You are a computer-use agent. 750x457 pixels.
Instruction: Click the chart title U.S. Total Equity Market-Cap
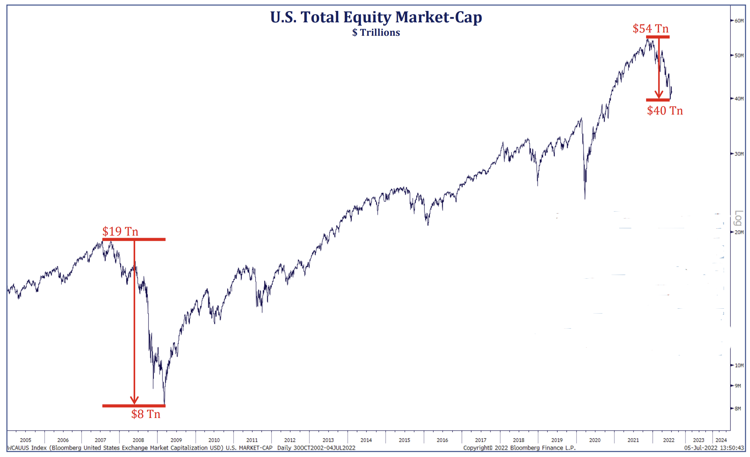(376, 17)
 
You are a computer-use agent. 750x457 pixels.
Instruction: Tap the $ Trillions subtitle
(376, 32)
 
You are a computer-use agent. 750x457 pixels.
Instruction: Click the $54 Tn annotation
(650, 28)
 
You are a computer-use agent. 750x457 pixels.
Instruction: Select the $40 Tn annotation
(665, 110)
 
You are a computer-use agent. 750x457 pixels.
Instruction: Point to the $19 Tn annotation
(120, 231)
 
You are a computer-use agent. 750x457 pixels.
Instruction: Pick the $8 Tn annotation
(146, 414)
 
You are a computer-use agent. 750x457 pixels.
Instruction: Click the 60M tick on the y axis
(739, 21)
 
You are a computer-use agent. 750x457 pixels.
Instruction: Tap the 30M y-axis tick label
(739, 154)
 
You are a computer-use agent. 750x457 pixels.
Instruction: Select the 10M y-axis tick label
(739, 366)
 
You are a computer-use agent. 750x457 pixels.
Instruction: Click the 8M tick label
(738, 409)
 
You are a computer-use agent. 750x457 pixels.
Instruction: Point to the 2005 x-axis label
(26, 440)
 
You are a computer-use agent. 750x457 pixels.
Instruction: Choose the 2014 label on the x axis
(366, 440)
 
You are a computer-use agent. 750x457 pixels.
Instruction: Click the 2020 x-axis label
(595, 440)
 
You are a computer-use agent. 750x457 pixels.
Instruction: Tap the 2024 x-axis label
(721, 440)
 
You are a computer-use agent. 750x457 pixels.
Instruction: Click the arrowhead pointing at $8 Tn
(134, 400)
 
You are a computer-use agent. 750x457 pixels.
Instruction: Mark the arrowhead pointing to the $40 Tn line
(659, 95)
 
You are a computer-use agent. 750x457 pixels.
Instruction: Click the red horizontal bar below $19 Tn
(134, 240)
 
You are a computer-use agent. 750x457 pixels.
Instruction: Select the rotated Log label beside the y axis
(738, 218)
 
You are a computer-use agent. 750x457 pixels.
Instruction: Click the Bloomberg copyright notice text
(519, 448)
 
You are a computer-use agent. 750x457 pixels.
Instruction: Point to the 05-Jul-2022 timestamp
(714, 448)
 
